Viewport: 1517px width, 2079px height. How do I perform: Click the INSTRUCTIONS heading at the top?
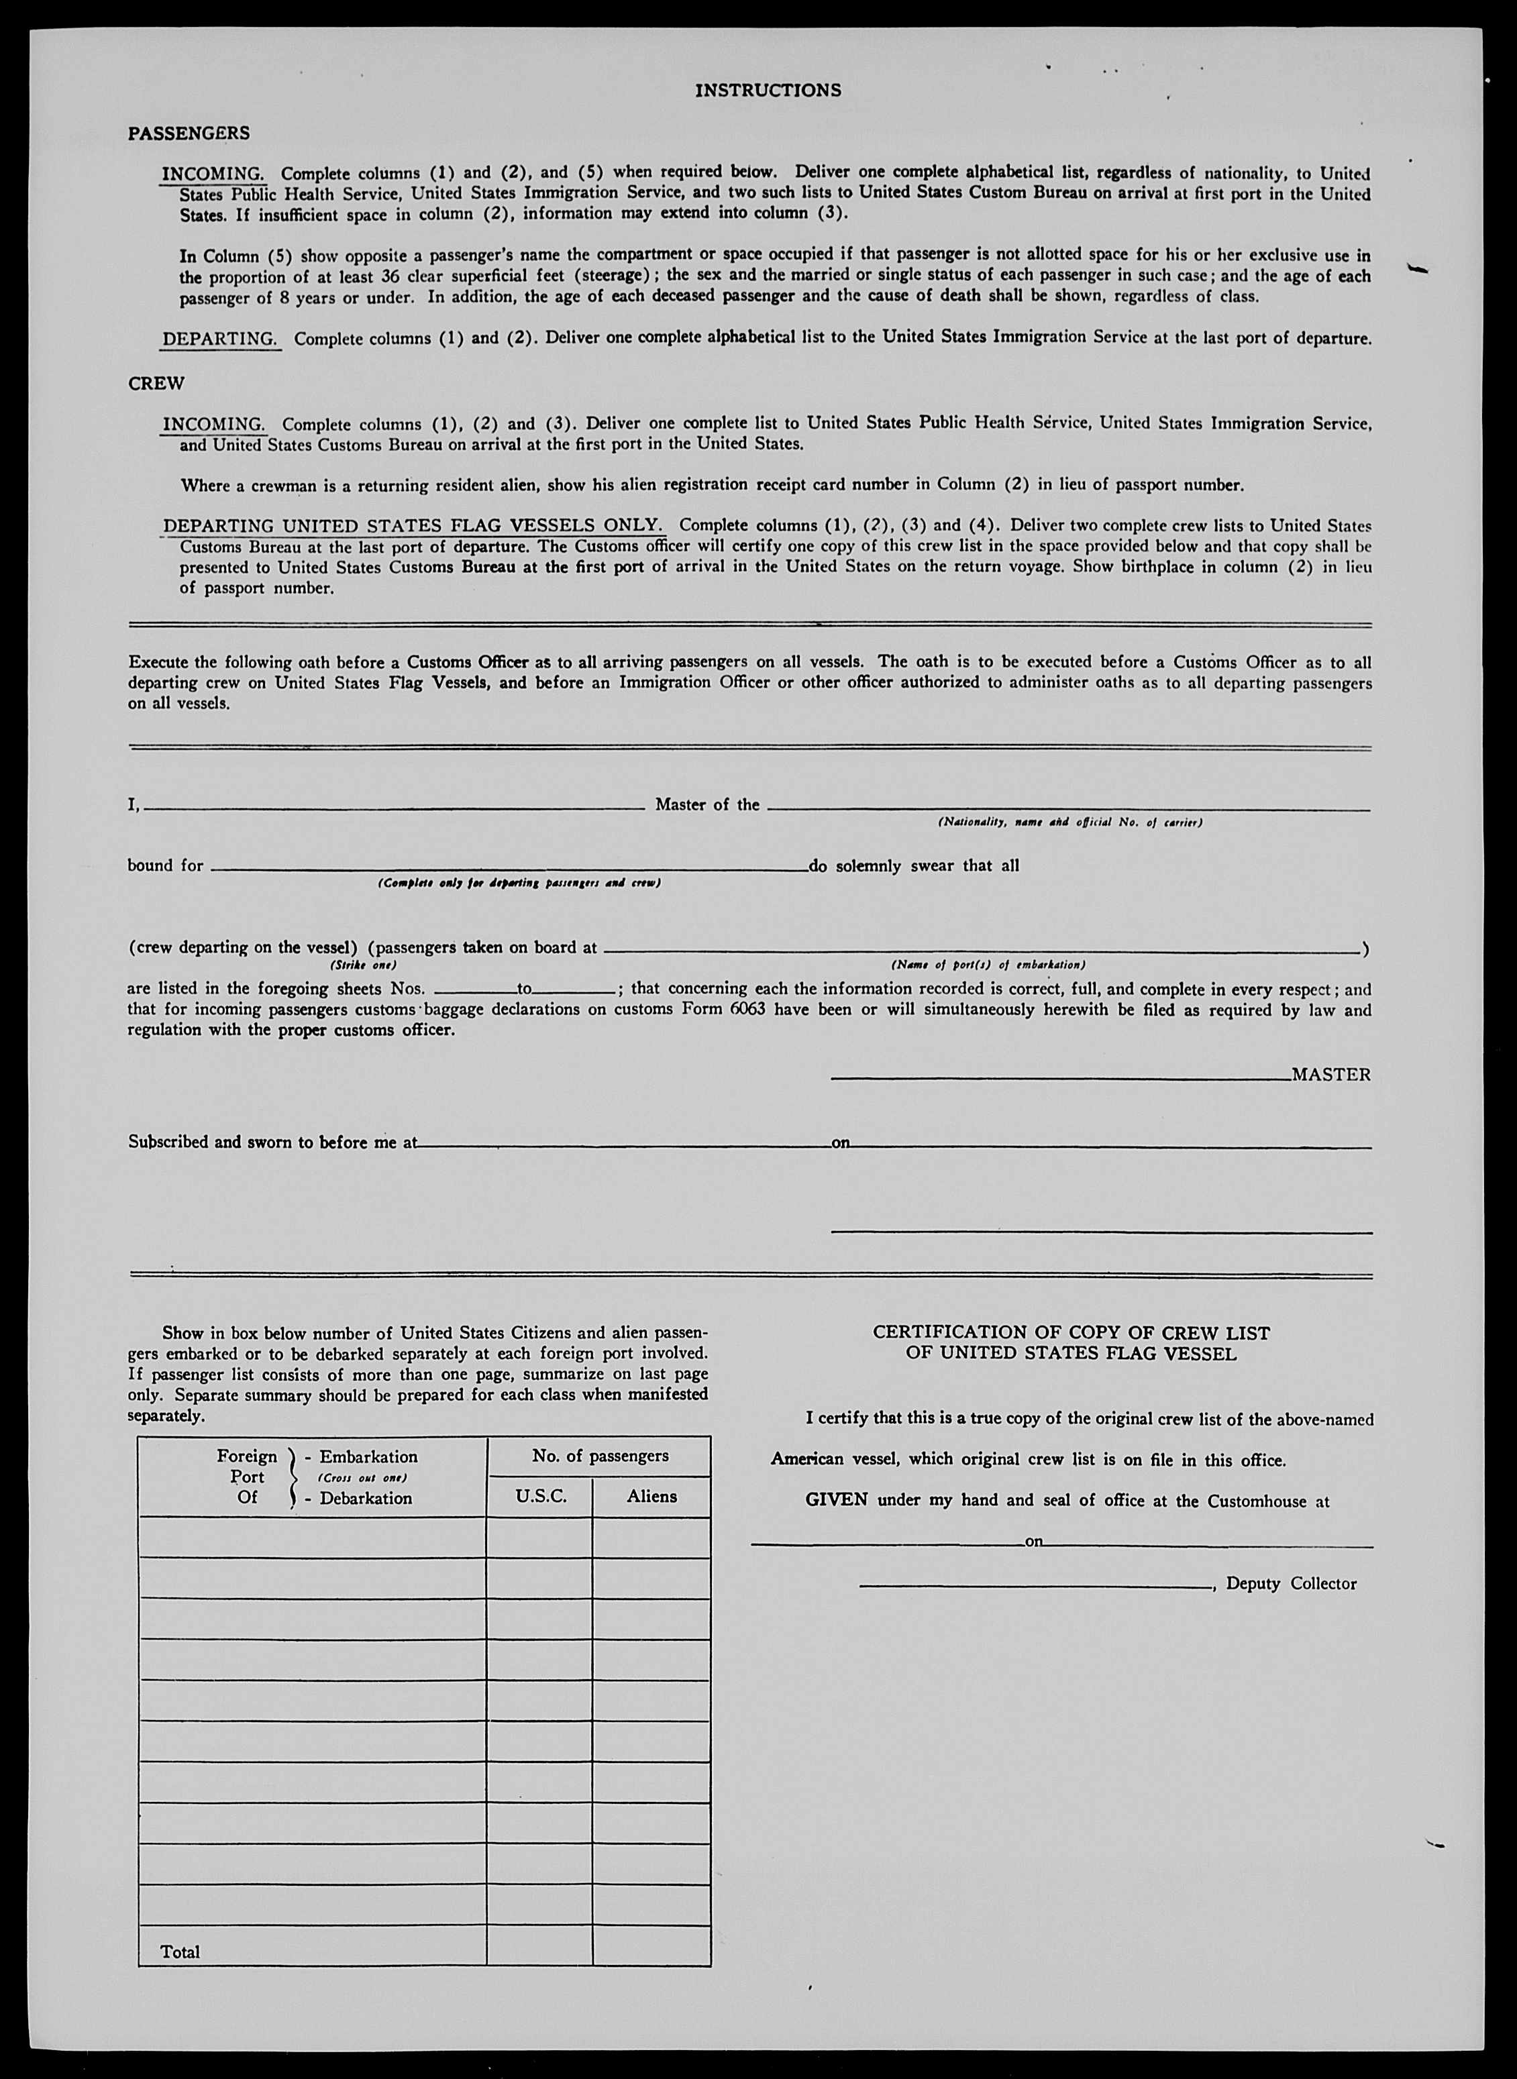pos(768,90)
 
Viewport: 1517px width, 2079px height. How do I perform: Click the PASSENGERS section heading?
pos(189,133)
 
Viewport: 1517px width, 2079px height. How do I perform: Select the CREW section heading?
pos(156,384)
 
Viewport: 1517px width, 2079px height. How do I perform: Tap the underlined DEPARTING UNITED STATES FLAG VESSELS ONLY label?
pos(413,526)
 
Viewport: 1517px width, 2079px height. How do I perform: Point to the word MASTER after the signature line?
pos(1330,1075)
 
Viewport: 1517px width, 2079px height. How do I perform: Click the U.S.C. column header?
pos(540,1496)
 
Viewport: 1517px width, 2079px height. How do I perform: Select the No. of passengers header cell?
pos(600,1456)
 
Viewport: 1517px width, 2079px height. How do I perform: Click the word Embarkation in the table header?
pos(368,1456)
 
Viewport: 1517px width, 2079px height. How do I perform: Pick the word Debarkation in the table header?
pos(366,1498)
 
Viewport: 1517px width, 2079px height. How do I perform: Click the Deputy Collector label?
pos(1290,1583)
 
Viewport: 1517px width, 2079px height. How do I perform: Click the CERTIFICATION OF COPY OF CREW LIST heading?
pos(1071,1332)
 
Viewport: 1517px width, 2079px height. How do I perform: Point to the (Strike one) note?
pos(363,965)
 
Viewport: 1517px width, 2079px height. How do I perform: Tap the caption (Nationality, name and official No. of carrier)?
pos(1069,822)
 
